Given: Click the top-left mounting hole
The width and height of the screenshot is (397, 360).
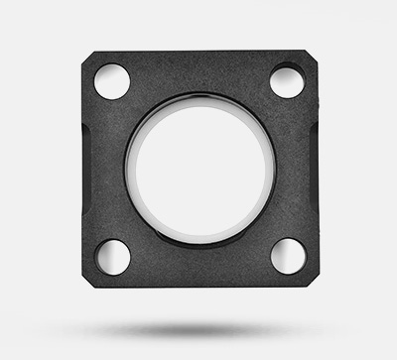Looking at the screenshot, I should tap(111, 81).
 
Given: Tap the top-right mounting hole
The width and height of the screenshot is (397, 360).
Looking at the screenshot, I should tap(287, 80).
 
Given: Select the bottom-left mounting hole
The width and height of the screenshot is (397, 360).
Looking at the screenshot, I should tap(112, 257).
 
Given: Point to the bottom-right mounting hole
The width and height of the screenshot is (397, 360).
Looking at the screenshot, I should tap(288, 256).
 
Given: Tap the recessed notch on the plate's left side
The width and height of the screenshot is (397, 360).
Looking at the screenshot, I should tap(86, 169).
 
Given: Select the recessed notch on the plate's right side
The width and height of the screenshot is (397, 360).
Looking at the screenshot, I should tap(314, 169).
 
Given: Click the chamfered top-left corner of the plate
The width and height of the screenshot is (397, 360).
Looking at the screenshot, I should tap(85, 56).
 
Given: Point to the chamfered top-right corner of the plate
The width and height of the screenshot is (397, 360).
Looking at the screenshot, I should tap(314, 56).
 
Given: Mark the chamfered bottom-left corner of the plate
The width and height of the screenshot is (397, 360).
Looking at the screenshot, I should tap(86, 283).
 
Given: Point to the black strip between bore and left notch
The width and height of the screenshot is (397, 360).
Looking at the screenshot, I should tap(107, 169).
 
